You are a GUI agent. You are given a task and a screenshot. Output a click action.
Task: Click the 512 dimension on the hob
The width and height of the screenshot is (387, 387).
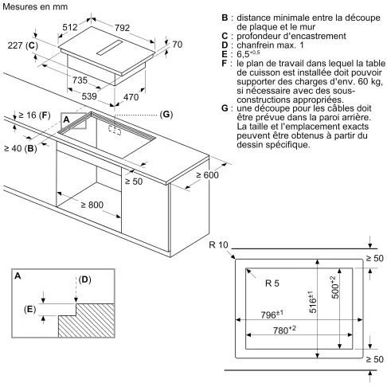coord(70,27)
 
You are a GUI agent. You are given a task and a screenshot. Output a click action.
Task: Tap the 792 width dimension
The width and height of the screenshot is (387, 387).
coord(122,28)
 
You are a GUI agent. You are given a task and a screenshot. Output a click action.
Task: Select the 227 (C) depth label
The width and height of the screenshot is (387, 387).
coord(23,45)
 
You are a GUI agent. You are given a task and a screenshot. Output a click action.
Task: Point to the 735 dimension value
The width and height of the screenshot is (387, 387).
coord(80,80)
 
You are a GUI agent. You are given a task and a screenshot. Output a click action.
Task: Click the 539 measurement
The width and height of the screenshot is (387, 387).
coord(89,96)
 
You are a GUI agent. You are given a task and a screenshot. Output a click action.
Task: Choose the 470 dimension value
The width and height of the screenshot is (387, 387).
coord(131,97)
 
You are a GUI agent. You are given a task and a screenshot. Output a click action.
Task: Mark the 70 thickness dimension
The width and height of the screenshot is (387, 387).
coord(177,45)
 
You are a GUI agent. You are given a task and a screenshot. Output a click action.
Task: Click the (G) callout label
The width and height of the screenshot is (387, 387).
coord(166,115)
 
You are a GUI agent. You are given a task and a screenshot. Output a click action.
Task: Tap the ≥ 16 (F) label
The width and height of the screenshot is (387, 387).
coord(34,115)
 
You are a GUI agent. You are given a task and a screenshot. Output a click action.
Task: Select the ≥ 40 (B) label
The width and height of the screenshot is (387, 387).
coord(21,148)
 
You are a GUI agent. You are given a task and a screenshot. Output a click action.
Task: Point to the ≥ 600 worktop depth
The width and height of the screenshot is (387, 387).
coord(207,175)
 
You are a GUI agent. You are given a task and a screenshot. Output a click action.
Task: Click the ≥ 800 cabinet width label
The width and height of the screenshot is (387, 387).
coord(92,205)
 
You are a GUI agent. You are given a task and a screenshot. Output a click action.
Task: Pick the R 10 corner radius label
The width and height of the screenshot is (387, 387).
coord(218,244)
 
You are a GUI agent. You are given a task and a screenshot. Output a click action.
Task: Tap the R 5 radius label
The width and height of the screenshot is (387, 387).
coord(272,283)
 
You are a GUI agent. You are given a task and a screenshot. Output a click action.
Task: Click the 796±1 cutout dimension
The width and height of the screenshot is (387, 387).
coord(272,315)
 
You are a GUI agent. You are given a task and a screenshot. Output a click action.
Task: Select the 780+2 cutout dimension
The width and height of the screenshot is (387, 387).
coord(284,330)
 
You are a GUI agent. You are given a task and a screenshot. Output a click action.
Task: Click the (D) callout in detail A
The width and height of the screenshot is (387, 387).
coord(84,279)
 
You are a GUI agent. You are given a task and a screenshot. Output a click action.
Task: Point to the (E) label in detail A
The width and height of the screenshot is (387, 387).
coord(29,309)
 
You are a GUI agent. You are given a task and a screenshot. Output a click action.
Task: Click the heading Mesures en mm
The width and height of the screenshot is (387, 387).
coord(35,6)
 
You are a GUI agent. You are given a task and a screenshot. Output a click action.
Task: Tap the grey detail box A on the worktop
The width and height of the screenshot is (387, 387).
coord(73,121)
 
